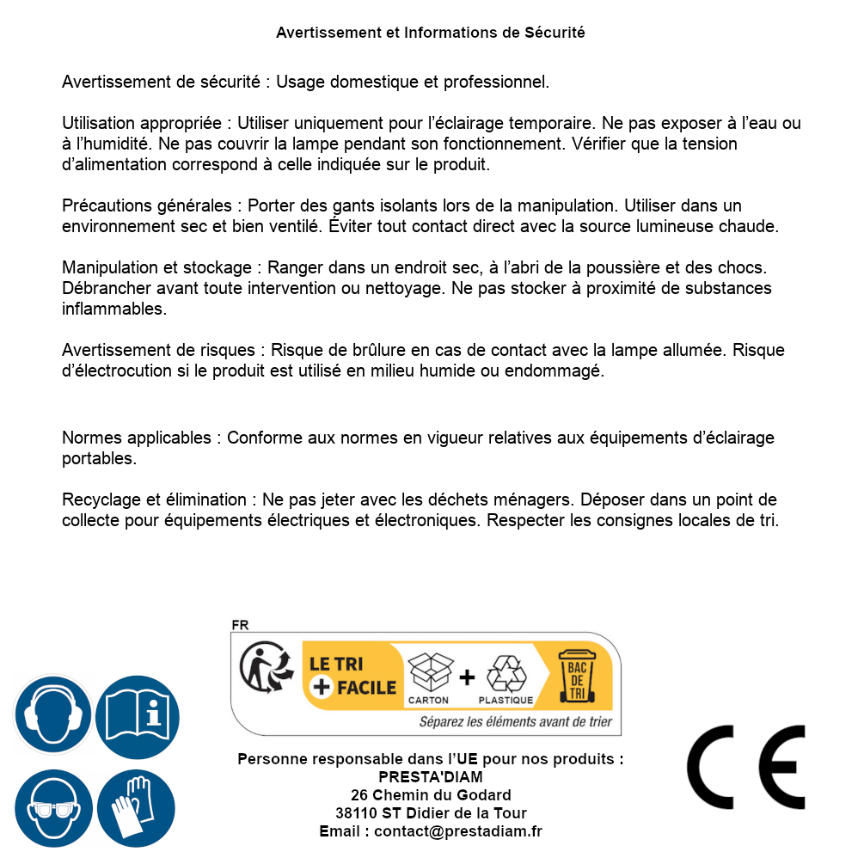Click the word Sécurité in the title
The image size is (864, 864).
click(x=555, y=33)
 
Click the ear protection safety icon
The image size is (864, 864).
click(x=52, y=715)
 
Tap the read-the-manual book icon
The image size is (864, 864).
click(x=137, y=715)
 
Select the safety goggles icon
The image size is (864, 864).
click(x=52, y=808)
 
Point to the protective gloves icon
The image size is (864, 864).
click(x=137, y=808)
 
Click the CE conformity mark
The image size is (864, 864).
click(x=746, y=768)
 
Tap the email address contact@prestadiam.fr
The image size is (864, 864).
click(x=458, y=831)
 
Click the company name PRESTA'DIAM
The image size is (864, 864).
click(x=431, y=777)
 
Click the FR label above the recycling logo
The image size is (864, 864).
click(x=240, y=625)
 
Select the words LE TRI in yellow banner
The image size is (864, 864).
click(x=335, y=664)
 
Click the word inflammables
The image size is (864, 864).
click(x=113, y=309)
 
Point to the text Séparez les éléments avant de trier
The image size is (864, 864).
click(x=515, y=722)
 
